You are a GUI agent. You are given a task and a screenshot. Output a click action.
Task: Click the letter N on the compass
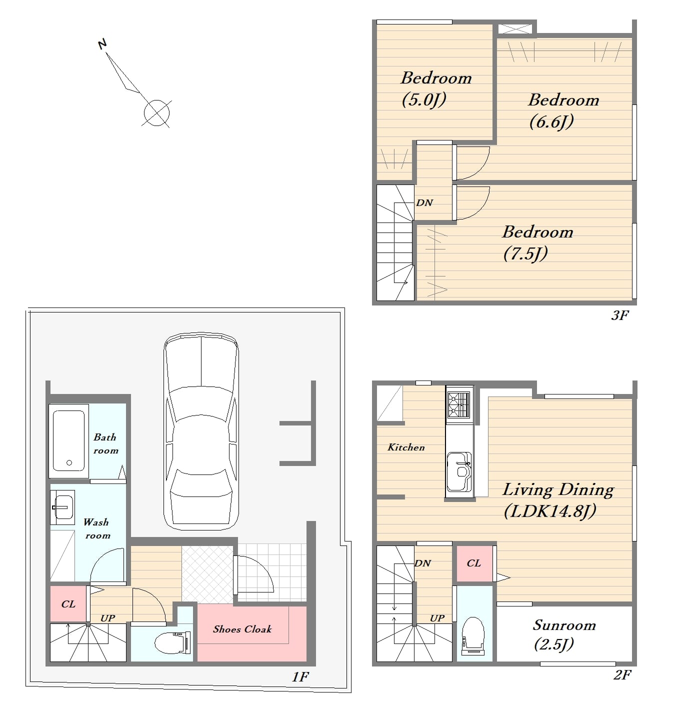tap(102, 44)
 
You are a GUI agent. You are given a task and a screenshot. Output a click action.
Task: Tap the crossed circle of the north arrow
tap(156, 112)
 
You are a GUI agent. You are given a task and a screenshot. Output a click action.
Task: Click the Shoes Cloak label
tap(242, 629)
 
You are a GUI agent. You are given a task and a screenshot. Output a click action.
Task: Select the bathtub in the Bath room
tap(68, 441)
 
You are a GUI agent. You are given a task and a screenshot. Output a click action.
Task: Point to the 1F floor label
tap(300, 676)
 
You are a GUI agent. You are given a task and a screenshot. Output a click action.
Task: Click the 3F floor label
tap(620, 315)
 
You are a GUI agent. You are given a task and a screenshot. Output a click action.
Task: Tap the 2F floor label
tap(622, 675)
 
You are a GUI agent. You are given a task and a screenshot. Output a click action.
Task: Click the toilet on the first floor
tap(172, 643)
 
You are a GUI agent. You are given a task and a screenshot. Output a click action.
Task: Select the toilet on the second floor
tap(473, 636)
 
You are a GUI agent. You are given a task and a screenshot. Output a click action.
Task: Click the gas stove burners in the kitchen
tap(459, 405)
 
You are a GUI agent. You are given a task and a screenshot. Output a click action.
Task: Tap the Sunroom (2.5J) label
tap(563, 635)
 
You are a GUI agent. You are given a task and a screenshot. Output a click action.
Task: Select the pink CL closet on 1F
tap(68, 603)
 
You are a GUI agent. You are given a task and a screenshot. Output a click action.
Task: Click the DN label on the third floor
tap(424, 202)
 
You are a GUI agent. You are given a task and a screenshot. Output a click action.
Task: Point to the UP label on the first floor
tap(108, 618)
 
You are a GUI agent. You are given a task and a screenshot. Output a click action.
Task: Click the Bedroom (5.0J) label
tap(436, 88)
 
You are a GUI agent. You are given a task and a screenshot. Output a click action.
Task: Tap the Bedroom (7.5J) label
tap(537, 242)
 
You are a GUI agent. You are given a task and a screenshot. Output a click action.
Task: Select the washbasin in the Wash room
tap(62, 507)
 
